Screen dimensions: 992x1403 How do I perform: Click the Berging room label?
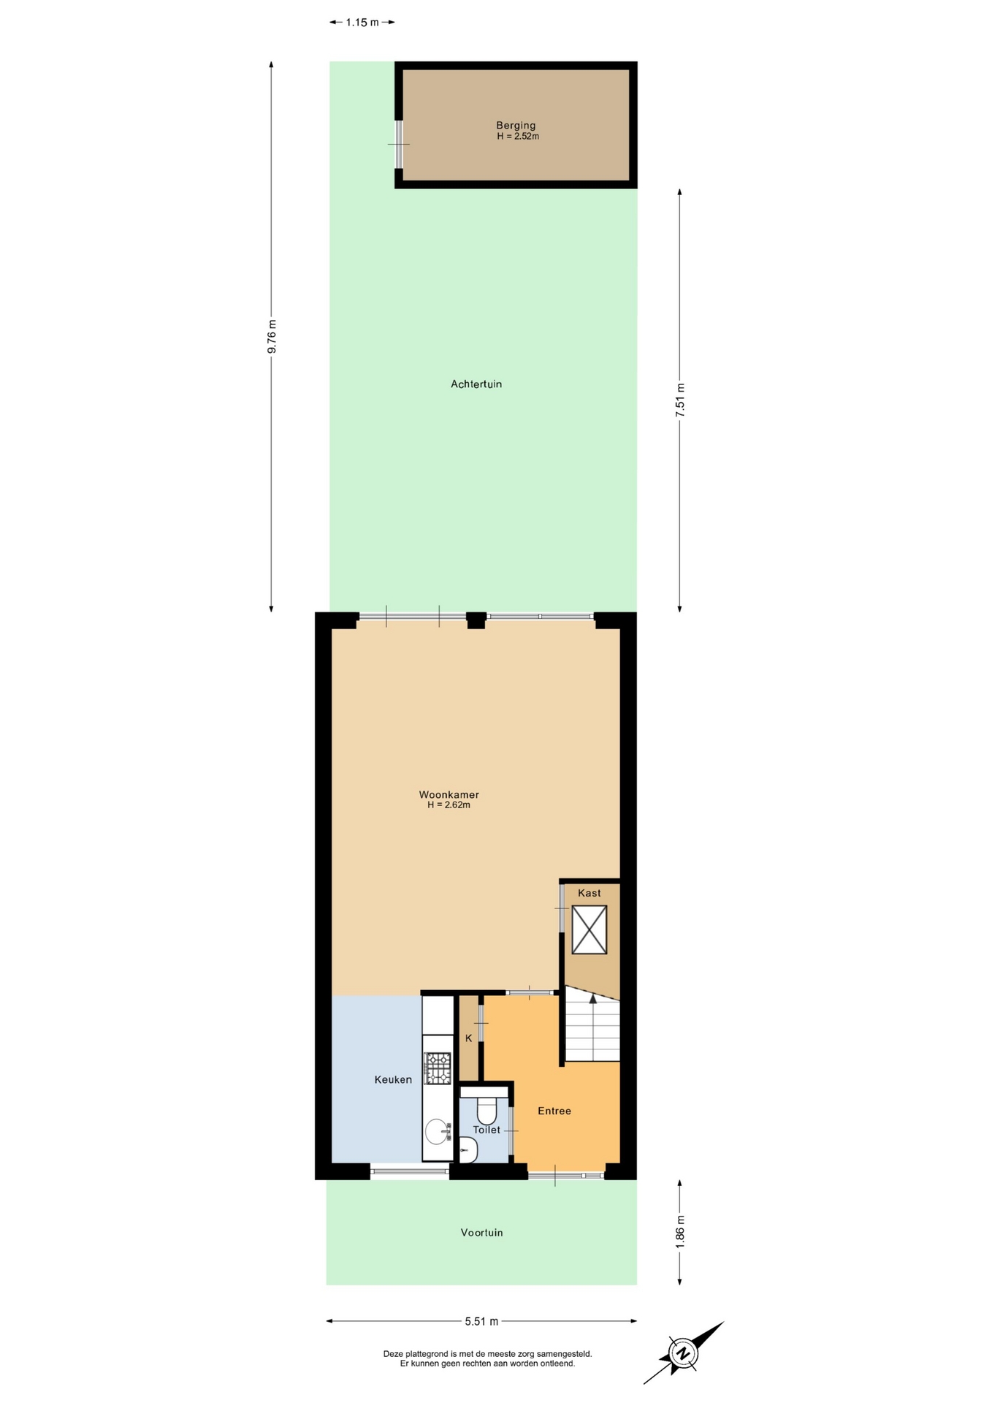(516, 125)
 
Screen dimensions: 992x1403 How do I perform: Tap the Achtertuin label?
(476, 384)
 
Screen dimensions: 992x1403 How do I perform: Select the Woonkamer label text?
(449, 794)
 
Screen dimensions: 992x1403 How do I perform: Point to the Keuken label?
(393, 1079)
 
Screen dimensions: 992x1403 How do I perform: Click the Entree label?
(554, 1111)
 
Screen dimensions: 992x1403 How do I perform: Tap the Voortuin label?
(481, 1232)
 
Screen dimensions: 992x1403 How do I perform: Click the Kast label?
(590, 893)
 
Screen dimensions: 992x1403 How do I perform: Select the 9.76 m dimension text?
(272, 337)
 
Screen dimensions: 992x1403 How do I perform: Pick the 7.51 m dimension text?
(680, 400)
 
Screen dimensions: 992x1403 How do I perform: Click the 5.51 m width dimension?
(481, 1321)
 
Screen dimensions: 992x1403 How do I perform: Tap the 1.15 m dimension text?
(362, 22)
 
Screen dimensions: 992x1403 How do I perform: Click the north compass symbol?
(684, 1353)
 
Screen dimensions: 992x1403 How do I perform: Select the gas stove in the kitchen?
(438, 1068)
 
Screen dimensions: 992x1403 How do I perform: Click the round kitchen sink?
(438, 1131)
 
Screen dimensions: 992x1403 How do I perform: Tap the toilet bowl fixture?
(487, 1111)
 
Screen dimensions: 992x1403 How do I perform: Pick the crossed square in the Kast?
(590, 929)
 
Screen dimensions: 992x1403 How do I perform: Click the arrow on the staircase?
(592, 998)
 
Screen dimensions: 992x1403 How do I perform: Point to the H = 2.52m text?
(518, 136)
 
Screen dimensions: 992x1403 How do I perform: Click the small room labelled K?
(468, 1038)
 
